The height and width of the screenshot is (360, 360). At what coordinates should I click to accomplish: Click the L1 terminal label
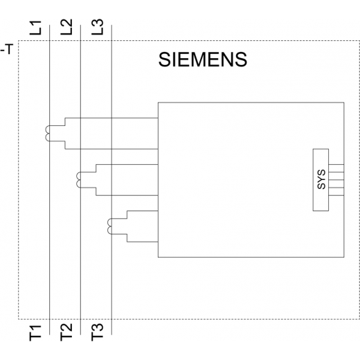point(35,28)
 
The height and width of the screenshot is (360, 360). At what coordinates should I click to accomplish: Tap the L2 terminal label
point(66,27)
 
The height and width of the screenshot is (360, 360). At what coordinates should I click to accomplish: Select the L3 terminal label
point(98,27)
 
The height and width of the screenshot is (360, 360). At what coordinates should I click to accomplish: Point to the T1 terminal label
point(35,333)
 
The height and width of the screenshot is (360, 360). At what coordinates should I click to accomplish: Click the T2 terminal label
point(66,332)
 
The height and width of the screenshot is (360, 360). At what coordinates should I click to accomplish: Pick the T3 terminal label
point(98,332)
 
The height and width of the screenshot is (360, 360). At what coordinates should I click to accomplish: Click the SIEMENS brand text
point(203,60)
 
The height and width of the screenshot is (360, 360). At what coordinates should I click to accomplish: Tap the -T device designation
point(6,49)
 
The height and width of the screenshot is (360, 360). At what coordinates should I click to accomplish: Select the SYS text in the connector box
point(321,179)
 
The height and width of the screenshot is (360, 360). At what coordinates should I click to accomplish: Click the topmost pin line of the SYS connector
point(336,164)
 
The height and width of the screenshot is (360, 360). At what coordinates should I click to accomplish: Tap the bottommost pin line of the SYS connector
point(336,195)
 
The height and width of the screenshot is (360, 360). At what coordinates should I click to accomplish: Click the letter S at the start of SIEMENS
point(164,60)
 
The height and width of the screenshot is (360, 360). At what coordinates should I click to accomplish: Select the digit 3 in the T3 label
point(98,328)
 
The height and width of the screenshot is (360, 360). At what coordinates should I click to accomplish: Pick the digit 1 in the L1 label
point(36,24)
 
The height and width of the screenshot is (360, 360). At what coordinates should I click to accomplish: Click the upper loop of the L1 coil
point(46,129)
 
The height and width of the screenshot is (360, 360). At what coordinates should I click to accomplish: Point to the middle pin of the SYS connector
point(336,180)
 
